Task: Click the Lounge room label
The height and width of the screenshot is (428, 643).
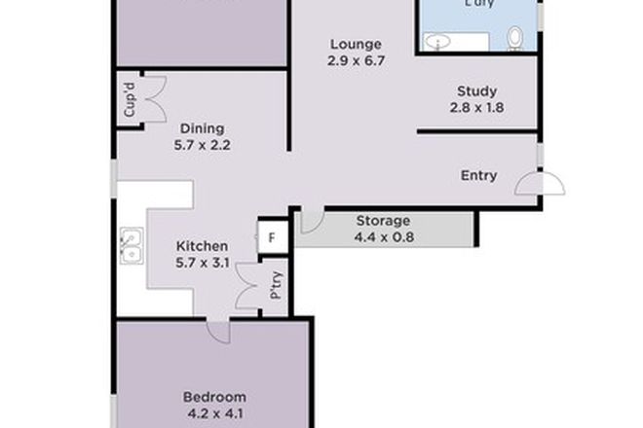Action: point(355,44)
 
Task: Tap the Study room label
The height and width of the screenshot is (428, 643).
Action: point(477,92)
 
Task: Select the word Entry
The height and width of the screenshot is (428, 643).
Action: point(478,176)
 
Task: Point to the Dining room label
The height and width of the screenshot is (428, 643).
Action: point(203,128)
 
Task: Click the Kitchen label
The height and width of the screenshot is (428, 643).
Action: point(202,246)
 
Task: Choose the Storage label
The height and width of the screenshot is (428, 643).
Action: point(383,220)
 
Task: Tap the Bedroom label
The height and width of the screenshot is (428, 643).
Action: point(214,396)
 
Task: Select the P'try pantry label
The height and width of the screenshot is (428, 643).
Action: point(276,283)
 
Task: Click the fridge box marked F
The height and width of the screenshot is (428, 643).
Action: point(272,236)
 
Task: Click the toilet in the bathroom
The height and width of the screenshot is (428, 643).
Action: point(515,38)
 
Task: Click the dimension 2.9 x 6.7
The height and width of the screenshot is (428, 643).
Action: point(355,60)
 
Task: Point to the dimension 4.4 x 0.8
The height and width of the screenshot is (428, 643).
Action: point(383,236)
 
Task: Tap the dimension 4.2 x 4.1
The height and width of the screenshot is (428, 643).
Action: point(214,412)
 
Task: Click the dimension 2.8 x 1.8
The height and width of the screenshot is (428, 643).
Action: point(477,109)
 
